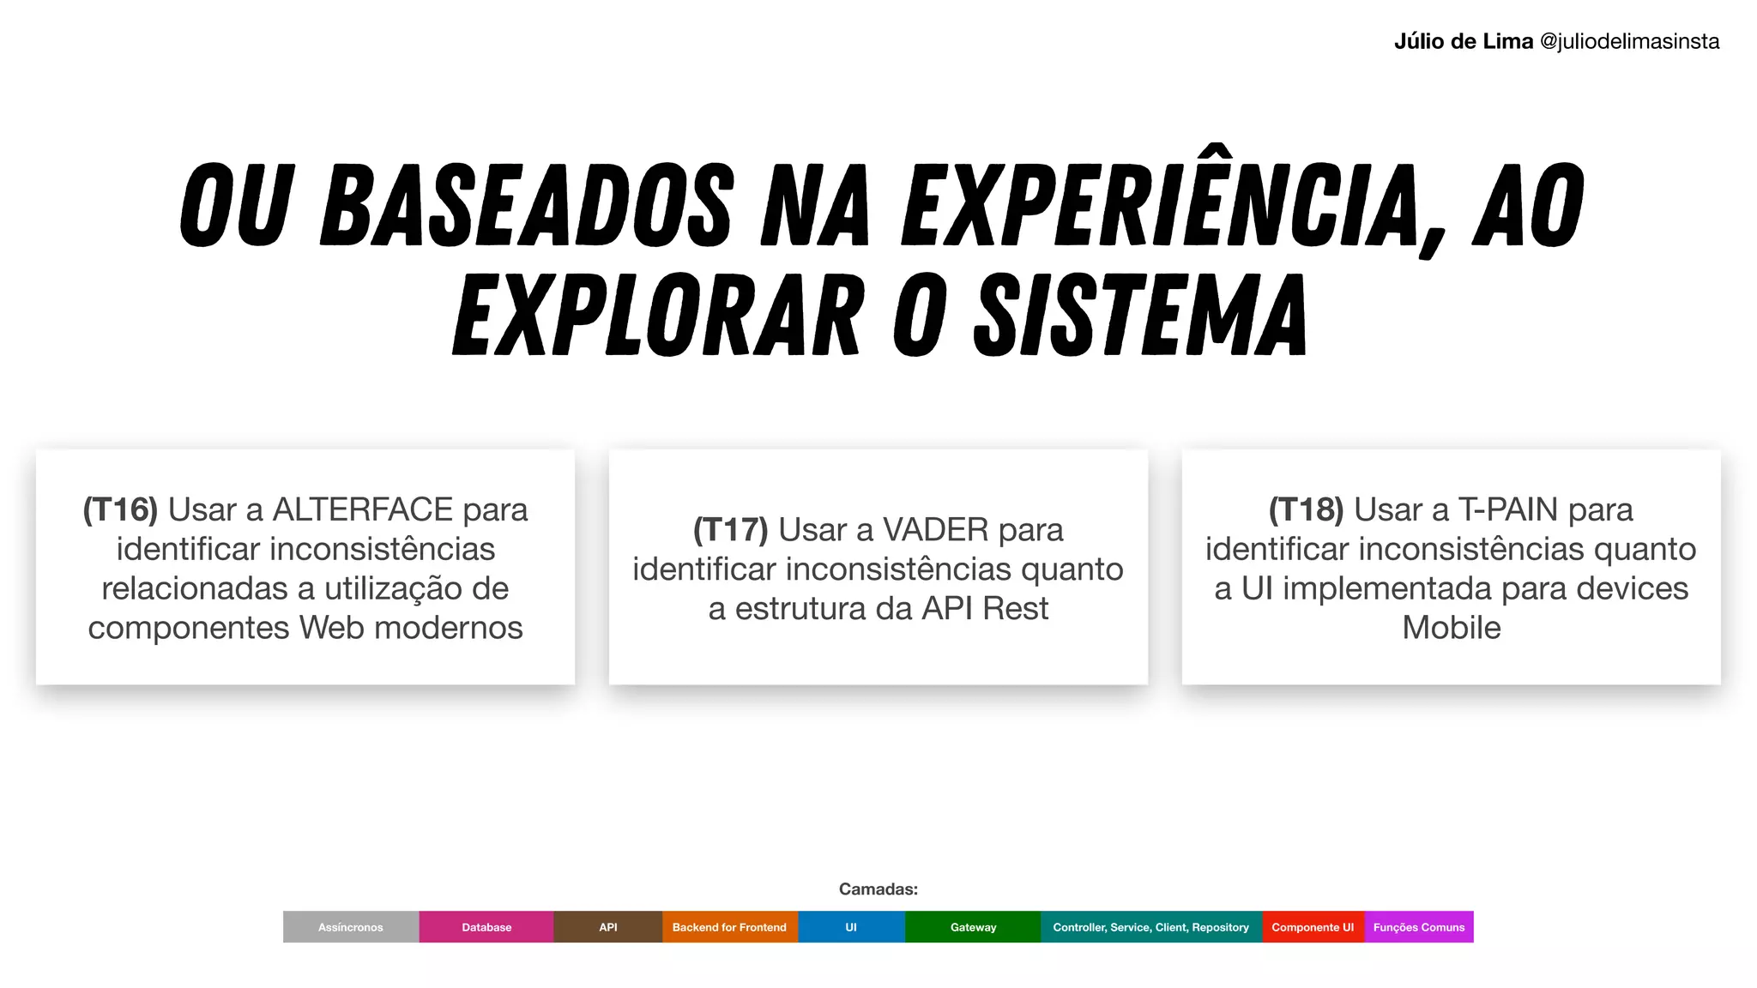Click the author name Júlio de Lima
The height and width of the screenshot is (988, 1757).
click(x=1463, y=41)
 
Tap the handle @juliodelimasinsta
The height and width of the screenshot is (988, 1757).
click(x=1630, y=41)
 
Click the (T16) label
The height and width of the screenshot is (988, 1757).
click(x=120, y=509)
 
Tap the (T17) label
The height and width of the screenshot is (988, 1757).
click(x=730, y=530)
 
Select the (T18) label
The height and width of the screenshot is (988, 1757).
click(x=1306, y=509)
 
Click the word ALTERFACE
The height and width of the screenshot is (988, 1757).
click(x=362, y=509)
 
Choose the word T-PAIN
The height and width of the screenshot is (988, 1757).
click(x=1508, y=509)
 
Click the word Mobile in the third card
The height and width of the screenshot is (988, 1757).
click(x=1451, y=628)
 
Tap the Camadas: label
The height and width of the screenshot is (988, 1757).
click(x=878, y=889)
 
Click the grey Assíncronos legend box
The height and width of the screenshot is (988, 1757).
click(x=351, y=927)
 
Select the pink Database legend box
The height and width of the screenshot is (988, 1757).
click(x=486, y=927)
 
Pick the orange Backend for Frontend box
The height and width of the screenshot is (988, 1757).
click(x=729, y=927)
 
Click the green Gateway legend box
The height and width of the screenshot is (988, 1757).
click(x=973, y=927)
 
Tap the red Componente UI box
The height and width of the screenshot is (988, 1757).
click(x=1313, y=927)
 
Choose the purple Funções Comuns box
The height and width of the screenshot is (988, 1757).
click(x=1419, y=927)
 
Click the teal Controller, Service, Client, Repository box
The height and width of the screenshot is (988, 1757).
click(x=1150, y=927)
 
